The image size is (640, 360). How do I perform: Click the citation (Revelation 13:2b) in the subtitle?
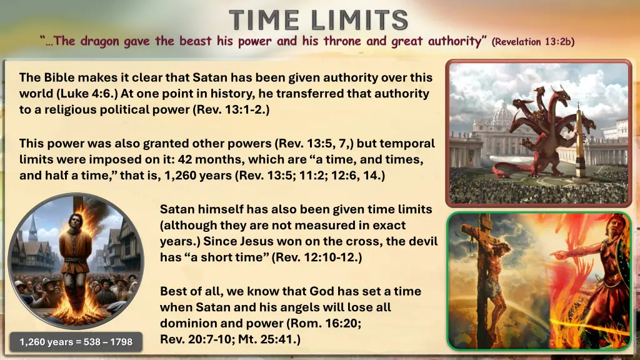(532, 42)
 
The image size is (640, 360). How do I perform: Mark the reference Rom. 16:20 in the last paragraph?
(317, 324)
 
